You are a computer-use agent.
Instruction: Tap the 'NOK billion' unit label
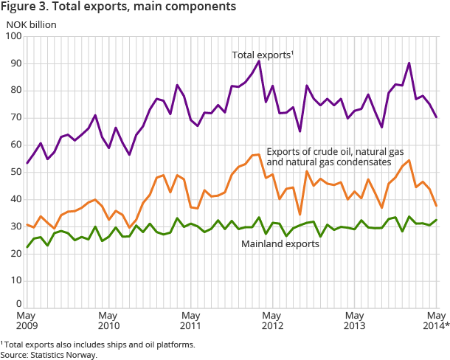pos(32,23)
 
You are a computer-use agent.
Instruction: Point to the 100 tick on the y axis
pos(13,36)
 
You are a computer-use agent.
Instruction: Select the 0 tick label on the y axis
pos(18,303)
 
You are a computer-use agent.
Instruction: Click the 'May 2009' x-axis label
pos(26,319)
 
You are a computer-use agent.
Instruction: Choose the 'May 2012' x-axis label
pos(272,319)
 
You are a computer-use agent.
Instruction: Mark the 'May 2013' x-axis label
pos(354,319)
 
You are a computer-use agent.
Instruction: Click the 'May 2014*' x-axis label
pos(435,319)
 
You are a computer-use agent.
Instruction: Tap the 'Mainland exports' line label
pos(281,243)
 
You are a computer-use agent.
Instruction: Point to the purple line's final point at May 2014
pos(436,117)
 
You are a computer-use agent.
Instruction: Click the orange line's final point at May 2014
pos(436,206)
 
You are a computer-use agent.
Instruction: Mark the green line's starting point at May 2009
pos(27,247)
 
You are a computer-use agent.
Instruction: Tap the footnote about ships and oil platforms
pos(100,344)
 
